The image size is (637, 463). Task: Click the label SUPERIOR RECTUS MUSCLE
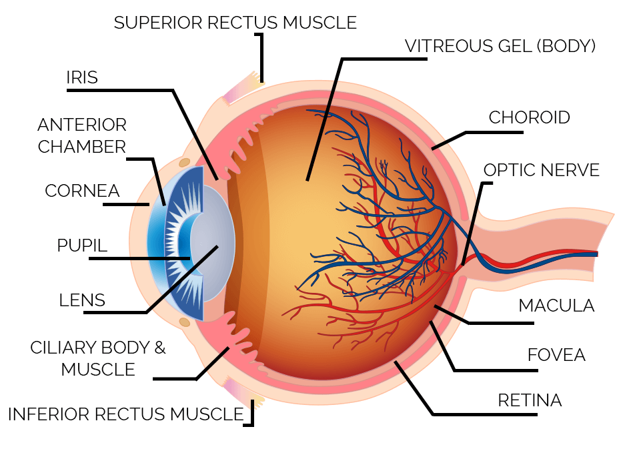pos(235,23)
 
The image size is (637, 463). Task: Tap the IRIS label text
pos(82,77)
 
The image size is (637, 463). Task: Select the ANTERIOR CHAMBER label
pos(82,135)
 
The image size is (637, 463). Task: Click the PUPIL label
pos(82,245)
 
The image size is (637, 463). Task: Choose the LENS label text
pos(82,300)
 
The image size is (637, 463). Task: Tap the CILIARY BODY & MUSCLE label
pos(98,358)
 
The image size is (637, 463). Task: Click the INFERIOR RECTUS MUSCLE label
pos(125,414)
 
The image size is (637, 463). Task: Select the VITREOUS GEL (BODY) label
pos(500,46)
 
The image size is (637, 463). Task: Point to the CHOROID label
pos(529,117)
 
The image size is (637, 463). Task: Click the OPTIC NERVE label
pos(541,169)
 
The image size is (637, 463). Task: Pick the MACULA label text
pos(556,306)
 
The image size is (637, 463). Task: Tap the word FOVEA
pos(556,354)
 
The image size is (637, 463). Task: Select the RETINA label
pos(530,400)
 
